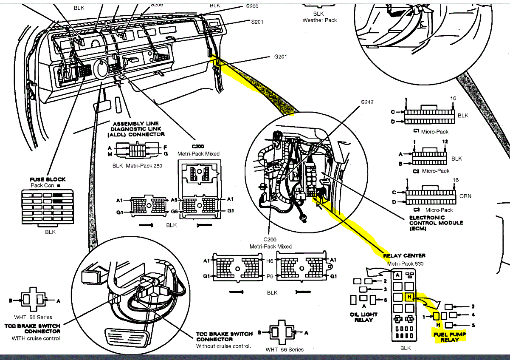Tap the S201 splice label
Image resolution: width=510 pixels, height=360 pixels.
tap(257, 22)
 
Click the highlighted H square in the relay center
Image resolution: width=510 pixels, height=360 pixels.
tap(409, 297)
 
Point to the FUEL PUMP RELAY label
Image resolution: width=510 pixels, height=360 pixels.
tap(449, 337)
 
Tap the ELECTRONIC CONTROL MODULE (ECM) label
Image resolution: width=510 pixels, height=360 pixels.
tap(430, 223)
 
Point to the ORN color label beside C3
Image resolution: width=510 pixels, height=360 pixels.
tap(465, 196)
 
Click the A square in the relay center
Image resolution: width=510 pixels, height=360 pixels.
tap(397, 275)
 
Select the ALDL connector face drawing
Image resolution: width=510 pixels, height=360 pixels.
tap(137, 150)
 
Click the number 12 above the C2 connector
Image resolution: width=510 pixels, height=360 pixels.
tap(444, 142)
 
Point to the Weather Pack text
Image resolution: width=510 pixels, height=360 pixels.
tap(319, 20)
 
